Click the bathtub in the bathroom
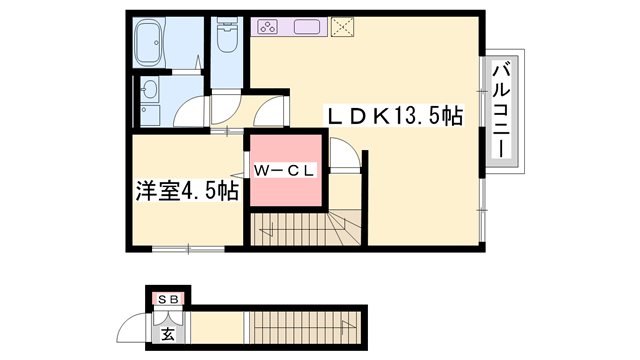[x=165, y=44]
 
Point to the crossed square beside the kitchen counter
[x=343, y=26]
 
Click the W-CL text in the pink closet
[x=284, y=170]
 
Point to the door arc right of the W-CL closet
[x=340, y=156]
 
